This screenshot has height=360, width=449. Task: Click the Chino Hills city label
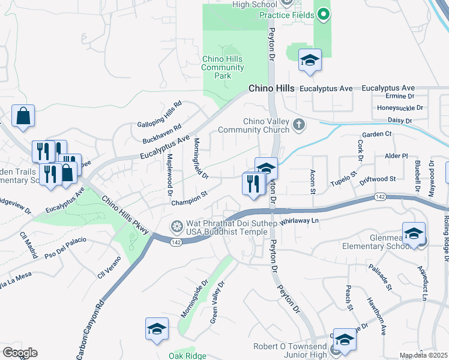click(x=272, y=88)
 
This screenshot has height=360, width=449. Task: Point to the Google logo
click(x=20, y=352)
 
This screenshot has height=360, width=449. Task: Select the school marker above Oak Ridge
click(x=157, y=329)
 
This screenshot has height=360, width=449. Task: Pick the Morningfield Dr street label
click(x=200, y=158)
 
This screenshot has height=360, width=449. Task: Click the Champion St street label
click(x=188, y=198)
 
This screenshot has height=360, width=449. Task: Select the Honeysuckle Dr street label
click(x=400, y=108)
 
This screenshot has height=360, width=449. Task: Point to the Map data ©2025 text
click(x=423, y=355)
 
